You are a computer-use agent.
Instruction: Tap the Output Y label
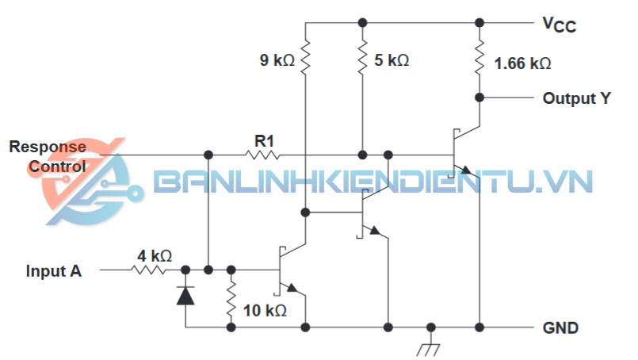pyautogui.click(x=576, y=98)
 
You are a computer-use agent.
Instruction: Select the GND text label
pyautogui.click(x=560, y=327)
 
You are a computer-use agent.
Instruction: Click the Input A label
pyautogui.click(x=53, y=270)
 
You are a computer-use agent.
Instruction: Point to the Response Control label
pyautogui.click(x=47, y=156)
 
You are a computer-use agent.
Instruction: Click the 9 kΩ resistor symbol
pyautogui.click(x=305, y=58)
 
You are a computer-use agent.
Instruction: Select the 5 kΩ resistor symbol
pyautogui.click(x=362, y=58)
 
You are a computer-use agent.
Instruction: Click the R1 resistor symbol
pyautogui.click(x=263, y=154)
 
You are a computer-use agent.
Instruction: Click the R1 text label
pyautogui.click(x=264, y=140)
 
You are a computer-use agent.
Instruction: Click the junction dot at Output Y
pyautogui.click(x=479, y=98)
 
